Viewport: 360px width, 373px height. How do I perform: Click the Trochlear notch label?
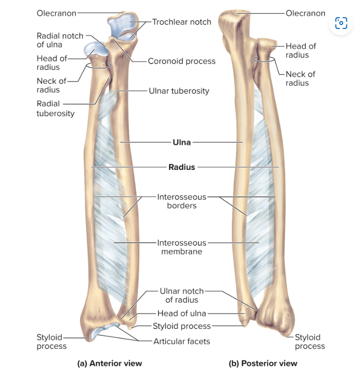pos(182,22)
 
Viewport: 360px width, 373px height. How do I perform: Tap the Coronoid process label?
pos(182,61)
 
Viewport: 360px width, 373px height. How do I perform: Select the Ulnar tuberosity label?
pos(178,91)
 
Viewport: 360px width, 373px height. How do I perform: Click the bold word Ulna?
pos(182,142)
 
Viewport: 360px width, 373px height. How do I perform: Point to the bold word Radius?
pos(182,167)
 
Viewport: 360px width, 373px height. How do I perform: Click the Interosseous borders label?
pos(182,201)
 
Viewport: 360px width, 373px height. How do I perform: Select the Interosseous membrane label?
pos(182,247)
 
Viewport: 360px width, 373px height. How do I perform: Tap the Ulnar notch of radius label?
pos(182,295)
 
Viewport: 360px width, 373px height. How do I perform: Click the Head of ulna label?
pos(182,314)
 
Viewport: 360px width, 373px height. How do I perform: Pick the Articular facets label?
pos(182,341)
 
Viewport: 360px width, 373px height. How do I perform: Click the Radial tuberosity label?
pos(55,108)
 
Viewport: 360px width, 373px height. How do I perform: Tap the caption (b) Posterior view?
pos(263,363)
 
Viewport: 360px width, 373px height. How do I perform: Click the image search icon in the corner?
pos(341,23)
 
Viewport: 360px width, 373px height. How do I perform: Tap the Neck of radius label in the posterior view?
pos(300,78)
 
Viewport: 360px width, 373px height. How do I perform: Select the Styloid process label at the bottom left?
pos(51,341)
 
